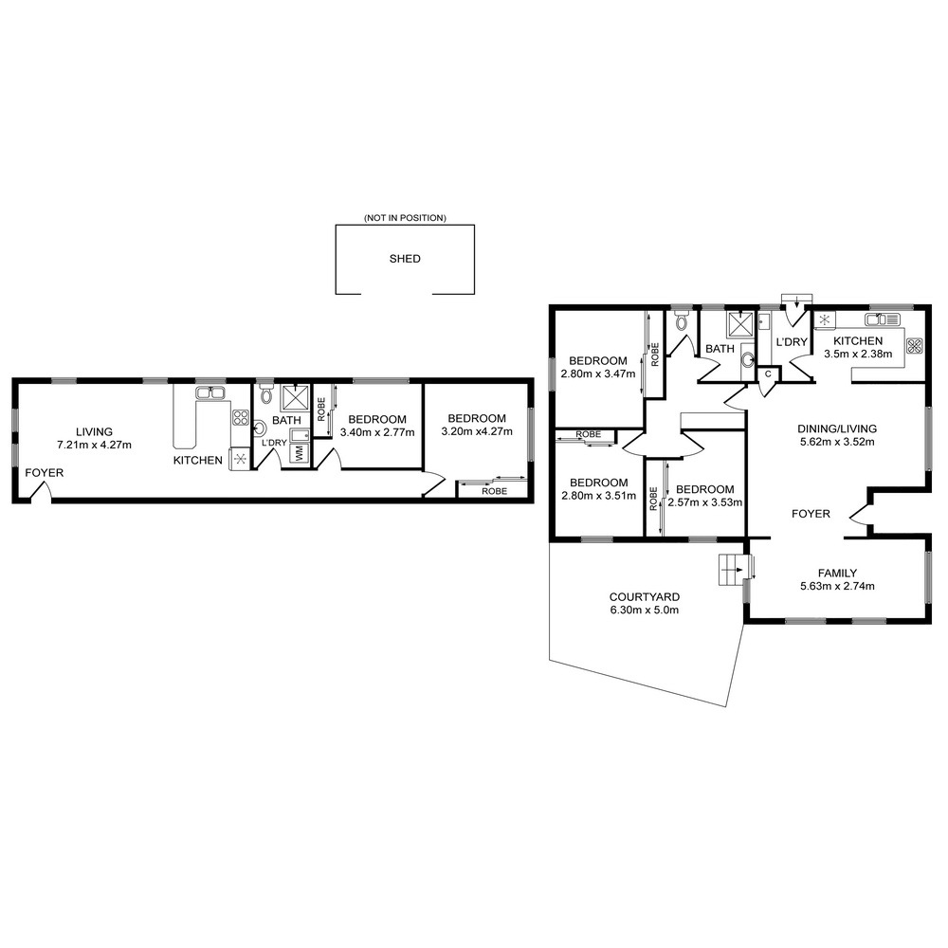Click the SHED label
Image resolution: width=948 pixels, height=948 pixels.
point(405,259)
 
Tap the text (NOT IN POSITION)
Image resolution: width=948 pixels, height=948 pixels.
point(405,218)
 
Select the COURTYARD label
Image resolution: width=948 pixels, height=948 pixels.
point(644,596)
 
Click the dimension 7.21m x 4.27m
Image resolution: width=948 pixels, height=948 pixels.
point(94,445)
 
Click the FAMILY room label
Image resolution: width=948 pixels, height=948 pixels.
point(837,573)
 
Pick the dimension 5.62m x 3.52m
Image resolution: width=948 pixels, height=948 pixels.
point(837,442)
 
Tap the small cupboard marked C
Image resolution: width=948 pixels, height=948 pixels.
point(769,374)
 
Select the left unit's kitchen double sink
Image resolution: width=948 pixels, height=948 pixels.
point(210,393)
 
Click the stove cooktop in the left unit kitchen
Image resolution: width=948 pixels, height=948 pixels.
point(241,417)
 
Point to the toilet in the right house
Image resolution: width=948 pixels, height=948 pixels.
point(682,321)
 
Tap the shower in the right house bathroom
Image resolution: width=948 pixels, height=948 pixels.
point(740,324)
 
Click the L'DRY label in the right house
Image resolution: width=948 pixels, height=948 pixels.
point(792,341)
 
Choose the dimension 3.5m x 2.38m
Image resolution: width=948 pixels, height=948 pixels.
point(858,354)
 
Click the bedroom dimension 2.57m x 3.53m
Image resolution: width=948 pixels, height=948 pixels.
point(705,502)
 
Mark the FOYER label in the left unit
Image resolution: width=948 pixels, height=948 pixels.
point(45,473)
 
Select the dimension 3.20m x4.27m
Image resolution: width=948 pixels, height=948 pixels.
point(477,431)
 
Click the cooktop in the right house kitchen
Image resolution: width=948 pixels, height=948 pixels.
point(915,345)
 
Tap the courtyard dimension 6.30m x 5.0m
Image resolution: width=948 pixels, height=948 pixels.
point(644,610)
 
